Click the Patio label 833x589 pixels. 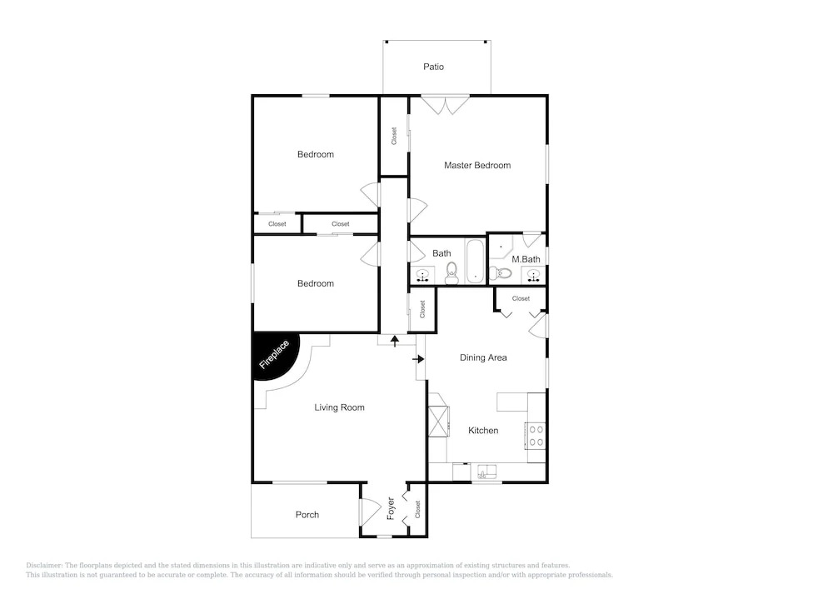(x=433, y=67)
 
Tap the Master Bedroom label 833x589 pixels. (x=477, y=165)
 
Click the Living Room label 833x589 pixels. (x=339, y=407)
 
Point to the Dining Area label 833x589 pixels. (x=483, y=357)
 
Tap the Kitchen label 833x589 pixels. (x=483, y=430)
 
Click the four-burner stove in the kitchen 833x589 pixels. (x=536, y=436)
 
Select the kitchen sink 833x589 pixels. (x=486, y=471)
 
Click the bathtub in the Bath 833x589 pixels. (x=475, y=262)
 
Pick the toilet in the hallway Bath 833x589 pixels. (x=451, y=273)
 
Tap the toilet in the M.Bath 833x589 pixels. (x=500, y=273)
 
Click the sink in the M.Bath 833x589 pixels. (x=533, y=276)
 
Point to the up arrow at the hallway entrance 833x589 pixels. (x=395, y=341)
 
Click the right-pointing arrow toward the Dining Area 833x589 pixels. (x=418, y=359)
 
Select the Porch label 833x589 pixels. (x=307, y=515)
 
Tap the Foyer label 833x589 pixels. (x=391, y=508)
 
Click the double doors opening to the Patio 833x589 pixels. (x=445, y=105)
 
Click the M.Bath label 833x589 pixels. (x=526, y=259)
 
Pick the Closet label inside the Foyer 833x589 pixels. (x=417, y=509)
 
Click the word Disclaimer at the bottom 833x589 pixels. (x=44, y=566)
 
